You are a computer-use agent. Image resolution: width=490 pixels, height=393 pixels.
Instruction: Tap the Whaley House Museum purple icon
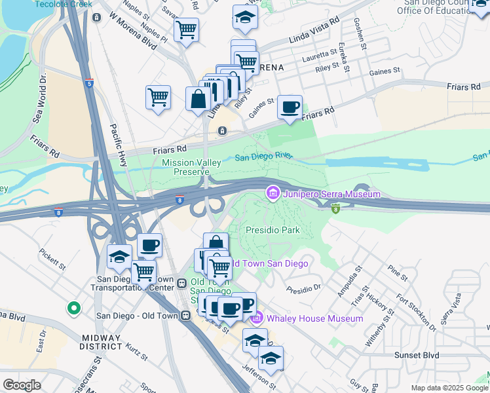click(x=257, y=318)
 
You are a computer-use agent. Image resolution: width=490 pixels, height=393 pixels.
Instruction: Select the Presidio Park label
click(x=273, y=230)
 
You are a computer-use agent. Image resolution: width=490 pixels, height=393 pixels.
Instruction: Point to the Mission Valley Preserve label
click(x=186, y=167)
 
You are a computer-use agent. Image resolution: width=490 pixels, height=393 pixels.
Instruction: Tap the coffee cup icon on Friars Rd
click(x=290, y=107)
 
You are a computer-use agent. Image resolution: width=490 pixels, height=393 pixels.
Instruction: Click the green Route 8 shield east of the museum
click(x=335, y=208)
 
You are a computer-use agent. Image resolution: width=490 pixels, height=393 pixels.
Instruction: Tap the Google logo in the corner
click(x=22, y=385)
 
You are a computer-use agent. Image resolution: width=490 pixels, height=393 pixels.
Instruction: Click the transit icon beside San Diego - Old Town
click(x=187, y=315)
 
